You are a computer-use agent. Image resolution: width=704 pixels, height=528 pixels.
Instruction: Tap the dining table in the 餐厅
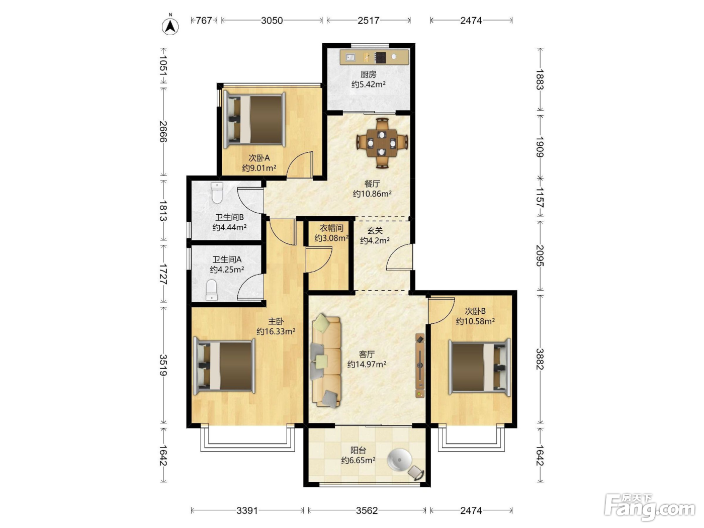[x=382, y=143]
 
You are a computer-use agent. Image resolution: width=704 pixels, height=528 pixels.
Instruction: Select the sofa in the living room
[x=326, y=361]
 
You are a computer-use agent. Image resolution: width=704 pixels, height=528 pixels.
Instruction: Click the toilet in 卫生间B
[x=217, y=193]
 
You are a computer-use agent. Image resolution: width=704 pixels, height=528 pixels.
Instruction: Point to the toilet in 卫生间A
[x=212, y=290]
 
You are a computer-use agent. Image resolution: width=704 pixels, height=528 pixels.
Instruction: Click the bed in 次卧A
[x=254, y=120]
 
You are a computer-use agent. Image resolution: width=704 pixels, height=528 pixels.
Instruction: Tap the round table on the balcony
[x=399, y=460]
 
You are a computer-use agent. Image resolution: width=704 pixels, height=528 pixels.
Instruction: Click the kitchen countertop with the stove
[x=374, y=57]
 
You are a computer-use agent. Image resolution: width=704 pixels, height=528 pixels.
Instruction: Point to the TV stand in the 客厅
[x=420, y=366]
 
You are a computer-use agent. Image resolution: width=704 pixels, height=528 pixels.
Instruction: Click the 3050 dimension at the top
[x=272, y=21]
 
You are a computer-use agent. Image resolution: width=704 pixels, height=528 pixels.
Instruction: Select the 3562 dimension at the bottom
[x=367, y=510]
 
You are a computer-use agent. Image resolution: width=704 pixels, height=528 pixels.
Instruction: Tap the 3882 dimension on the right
[x=540, y=359]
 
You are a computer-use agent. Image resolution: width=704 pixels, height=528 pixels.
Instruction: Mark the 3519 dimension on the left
[x=163, y=365]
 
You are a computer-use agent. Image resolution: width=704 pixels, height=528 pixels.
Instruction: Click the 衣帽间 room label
[x=331, y=228]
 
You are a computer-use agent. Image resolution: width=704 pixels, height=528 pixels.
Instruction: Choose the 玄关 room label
[x=375, y=230]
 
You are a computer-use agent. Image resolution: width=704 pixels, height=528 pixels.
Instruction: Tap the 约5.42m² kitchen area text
[x=368, y=84]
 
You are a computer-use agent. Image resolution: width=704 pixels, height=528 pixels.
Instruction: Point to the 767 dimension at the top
[x=204, y=21]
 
